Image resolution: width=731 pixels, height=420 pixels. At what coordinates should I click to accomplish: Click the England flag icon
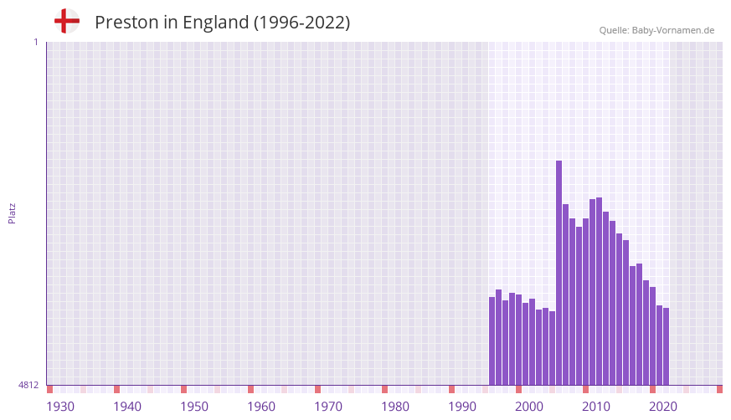click(66, 22)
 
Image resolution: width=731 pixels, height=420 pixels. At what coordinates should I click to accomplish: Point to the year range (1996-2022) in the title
click(301, 23)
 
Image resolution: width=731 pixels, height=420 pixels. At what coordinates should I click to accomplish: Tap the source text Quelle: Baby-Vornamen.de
click(656, 30)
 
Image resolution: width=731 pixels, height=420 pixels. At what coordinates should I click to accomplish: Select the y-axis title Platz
click(12, 213)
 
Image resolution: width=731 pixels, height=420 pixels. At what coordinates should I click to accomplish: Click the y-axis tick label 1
click(35, 42)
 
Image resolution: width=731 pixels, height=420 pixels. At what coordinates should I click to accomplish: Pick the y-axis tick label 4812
click(28, 385)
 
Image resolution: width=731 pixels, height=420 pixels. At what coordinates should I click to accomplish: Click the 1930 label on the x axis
click(60, 407)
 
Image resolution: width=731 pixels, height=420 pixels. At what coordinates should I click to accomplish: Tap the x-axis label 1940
click(127, 407)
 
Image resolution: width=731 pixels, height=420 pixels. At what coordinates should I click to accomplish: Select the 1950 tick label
click(194, 407)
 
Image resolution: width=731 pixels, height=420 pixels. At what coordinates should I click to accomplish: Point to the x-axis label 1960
click(261, 407)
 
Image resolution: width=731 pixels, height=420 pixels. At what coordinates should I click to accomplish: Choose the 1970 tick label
click(328, 407)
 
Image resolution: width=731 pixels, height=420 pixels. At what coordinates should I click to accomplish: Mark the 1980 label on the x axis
click(395, 407)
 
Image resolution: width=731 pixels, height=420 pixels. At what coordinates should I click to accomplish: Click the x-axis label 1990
click(462, 407)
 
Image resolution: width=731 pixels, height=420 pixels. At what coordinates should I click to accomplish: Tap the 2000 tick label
click(529, 407)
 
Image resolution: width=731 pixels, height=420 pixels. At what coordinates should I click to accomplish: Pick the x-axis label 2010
click(596, 407)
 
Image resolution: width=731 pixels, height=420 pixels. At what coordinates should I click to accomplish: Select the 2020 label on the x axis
click(663, 407)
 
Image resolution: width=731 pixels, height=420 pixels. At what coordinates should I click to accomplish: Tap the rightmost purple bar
click(666, 346)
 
